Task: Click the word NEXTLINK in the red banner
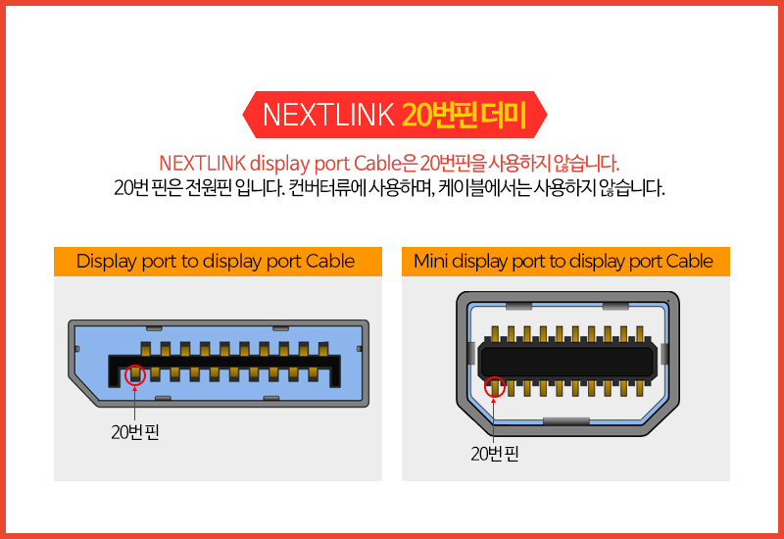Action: [x=328, y=115]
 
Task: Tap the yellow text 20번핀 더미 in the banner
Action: [x=464, y=115]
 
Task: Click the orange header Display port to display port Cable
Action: [x=216, y=261]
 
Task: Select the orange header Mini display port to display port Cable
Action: [x=564, y=261]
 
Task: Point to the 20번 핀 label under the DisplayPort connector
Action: [x=135, y=432]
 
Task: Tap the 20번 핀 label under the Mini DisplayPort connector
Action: [x=495, y=454]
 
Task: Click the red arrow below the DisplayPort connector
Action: [x=134, y=403]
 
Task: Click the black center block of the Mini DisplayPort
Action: [x=567, y=360]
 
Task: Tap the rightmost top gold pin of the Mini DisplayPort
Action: [x=639, y=334]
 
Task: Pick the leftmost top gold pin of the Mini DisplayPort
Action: [x=495, y=334]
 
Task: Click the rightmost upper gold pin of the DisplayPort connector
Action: [x=323, y=349]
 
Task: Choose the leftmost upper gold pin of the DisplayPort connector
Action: [x=145, y=349]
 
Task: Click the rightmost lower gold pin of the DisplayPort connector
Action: [x=313, y=374]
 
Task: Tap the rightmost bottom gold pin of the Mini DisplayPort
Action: [x=639, y=388]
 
